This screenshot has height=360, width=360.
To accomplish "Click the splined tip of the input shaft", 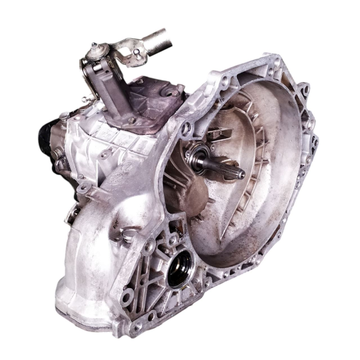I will (x=238, y=173).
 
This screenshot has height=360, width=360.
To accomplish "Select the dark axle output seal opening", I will (x=180, y=269).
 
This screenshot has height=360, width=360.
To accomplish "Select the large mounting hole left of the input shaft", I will (x=187, y=128).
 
